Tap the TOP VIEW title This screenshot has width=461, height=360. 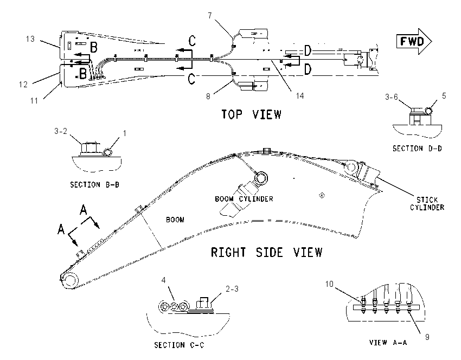251,114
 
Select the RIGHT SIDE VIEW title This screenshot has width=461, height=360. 267,253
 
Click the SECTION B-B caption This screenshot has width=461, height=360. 95,185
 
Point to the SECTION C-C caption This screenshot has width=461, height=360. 179,345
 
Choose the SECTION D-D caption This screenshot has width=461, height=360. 417,149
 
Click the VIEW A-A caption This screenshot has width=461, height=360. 388,342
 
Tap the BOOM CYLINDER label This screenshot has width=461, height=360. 244,199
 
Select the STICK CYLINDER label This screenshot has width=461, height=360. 427,204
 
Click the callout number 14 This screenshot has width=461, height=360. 299,96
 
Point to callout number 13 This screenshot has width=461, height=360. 30,39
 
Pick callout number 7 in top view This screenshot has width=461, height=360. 210,16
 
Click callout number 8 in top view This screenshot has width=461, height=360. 208,97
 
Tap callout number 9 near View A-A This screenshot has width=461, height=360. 427,337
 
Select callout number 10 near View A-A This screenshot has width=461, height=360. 329,284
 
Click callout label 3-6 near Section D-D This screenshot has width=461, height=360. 392,97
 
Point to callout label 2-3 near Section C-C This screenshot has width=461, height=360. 232,289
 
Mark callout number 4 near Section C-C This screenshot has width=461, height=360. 163,280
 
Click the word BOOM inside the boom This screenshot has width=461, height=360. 175,220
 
